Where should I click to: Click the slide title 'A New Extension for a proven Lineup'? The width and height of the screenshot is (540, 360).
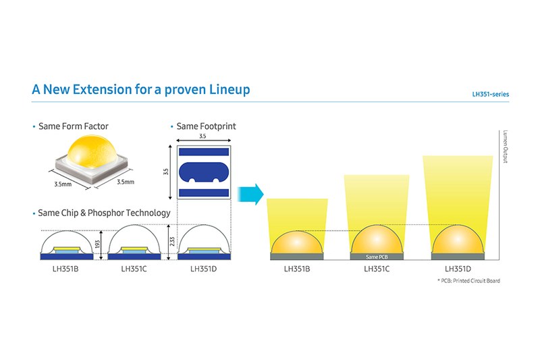141,90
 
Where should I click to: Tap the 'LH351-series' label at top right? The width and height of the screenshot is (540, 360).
491,95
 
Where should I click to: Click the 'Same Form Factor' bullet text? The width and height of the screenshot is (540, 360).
74,126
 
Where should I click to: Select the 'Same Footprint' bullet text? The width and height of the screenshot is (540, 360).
206,126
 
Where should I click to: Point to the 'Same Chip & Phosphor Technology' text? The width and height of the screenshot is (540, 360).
104,213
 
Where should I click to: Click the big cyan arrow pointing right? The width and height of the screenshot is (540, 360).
250,195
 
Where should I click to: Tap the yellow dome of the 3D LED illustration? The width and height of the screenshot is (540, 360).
92,150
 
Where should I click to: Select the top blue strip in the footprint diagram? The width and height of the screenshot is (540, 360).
204,152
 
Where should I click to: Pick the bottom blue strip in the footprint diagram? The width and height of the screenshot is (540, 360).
204,192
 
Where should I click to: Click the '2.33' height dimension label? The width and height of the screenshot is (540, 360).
172,242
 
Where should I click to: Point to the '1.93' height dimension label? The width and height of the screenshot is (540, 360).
97,245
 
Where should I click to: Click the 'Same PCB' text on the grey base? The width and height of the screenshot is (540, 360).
377,257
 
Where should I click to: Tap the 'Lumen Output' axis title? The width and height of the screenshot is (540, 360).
505,147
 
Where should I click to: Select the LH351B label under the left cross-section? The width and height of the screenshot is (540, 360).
65,269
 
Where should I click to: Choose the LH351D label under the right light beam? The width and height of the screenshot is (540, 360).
458,269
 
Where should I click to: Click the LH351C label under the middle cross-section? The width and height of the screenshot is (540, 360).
134,269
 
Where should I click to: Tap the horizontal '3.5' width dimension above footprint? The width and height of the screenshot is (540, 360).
202,136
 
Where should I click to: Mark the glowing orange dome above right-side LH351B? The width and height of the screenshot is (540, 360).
297,242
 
